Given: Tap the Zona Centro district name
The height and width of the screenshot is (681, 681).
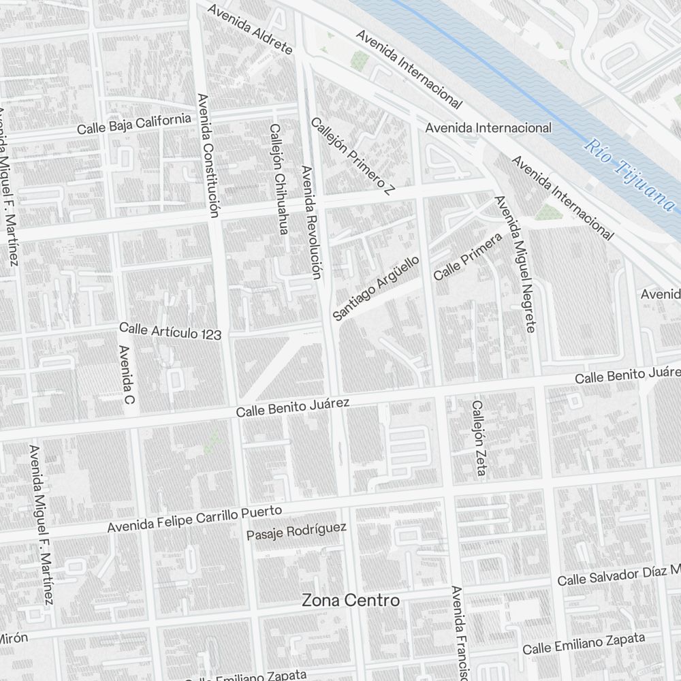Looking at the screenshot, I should (351, 600).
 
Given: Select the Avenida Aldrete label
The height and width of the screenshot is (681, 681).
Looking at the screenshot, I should (250, 30).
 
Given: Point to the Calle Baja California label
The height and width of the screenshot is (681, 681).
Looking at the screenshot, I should (134, 124).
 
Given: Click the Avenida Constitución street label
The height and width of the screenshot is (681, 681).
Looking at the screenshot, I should (207, 155).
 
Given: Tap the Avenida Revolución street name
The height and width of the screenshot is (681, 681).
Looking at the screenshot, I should (310, 223).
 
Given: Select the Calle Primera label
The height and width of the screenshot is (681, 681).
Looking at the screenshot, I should (467, 256).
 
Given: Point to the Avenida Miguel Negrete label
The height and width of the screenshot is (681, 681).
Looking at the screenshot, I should (516, 264).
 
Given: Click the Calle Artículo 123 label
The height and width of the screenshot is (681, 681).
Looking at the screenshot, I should (170, 331).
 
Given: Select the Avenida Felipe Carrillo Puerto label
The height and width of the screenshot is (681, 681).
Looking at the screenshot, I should (195, 519).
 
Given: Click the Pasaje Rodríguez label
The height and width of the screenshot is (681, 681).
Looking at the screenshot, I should (296, 531).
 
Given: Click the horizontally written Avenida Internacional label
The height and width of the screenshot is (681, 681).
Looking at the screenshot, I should (488, 127).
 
